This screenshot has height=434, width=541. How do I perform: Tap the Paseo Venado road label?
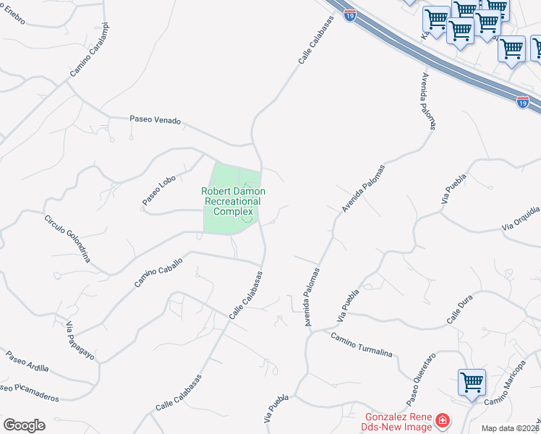(x=155, y=120)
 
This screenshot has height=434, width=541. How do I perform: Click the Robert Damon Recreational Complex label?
(x=233, y=201)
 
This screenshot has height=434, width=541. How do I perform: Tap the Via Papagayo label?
(x=70, y=341)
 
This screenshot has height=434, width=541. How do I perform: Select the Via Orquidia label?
(x=521, y=218)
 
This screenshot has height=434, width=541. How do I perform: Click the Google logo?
(x=24, y=425)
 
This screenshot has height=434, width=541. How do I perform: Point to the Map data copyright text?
(x=509, y=428)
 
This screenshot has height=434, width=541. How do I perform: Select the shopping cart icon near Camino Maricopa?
(x=472, y=381)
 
